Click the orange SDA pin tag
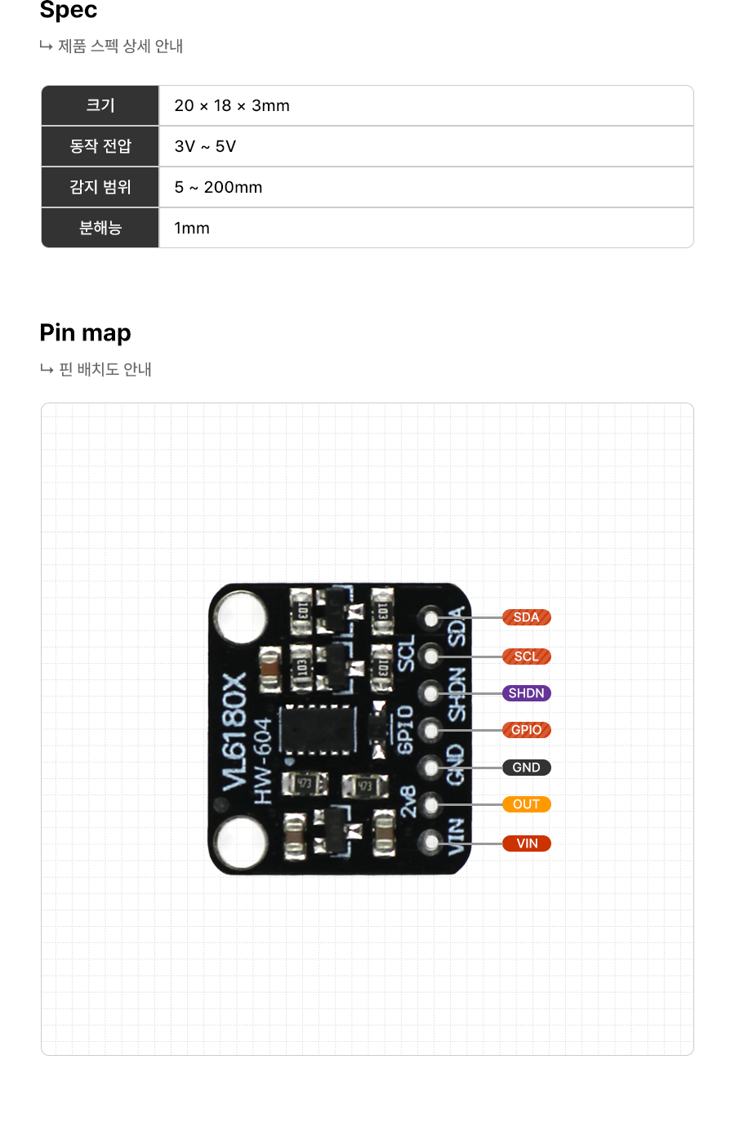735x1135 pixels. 526,617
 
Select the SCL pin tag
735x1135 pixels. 526,657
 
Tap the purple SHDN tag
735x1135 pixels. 526,693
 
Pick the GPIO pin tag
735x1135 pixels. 526,730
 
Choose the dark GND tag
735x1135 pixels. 526,768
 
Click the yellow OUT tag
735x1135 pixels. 526,804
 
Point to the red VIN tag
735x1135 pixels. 526,843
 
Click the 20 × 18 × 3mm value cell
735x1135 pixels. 232,105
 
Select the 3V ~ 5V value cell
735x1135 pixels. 205,146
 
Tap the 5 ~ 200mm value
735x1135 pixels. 218,187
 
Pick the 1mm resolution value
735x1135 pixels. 192,228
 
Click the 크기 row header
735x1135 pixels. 100,105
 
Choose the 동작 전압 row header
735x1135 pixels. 100,146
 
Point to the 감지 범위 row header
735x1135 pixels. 100,187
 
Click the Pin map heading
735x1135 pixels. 86,333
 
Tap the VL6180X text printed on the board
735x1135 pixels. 234,732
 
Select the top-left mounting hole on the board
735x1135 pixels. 242,617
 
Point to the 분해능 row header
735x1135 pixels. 100,228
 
